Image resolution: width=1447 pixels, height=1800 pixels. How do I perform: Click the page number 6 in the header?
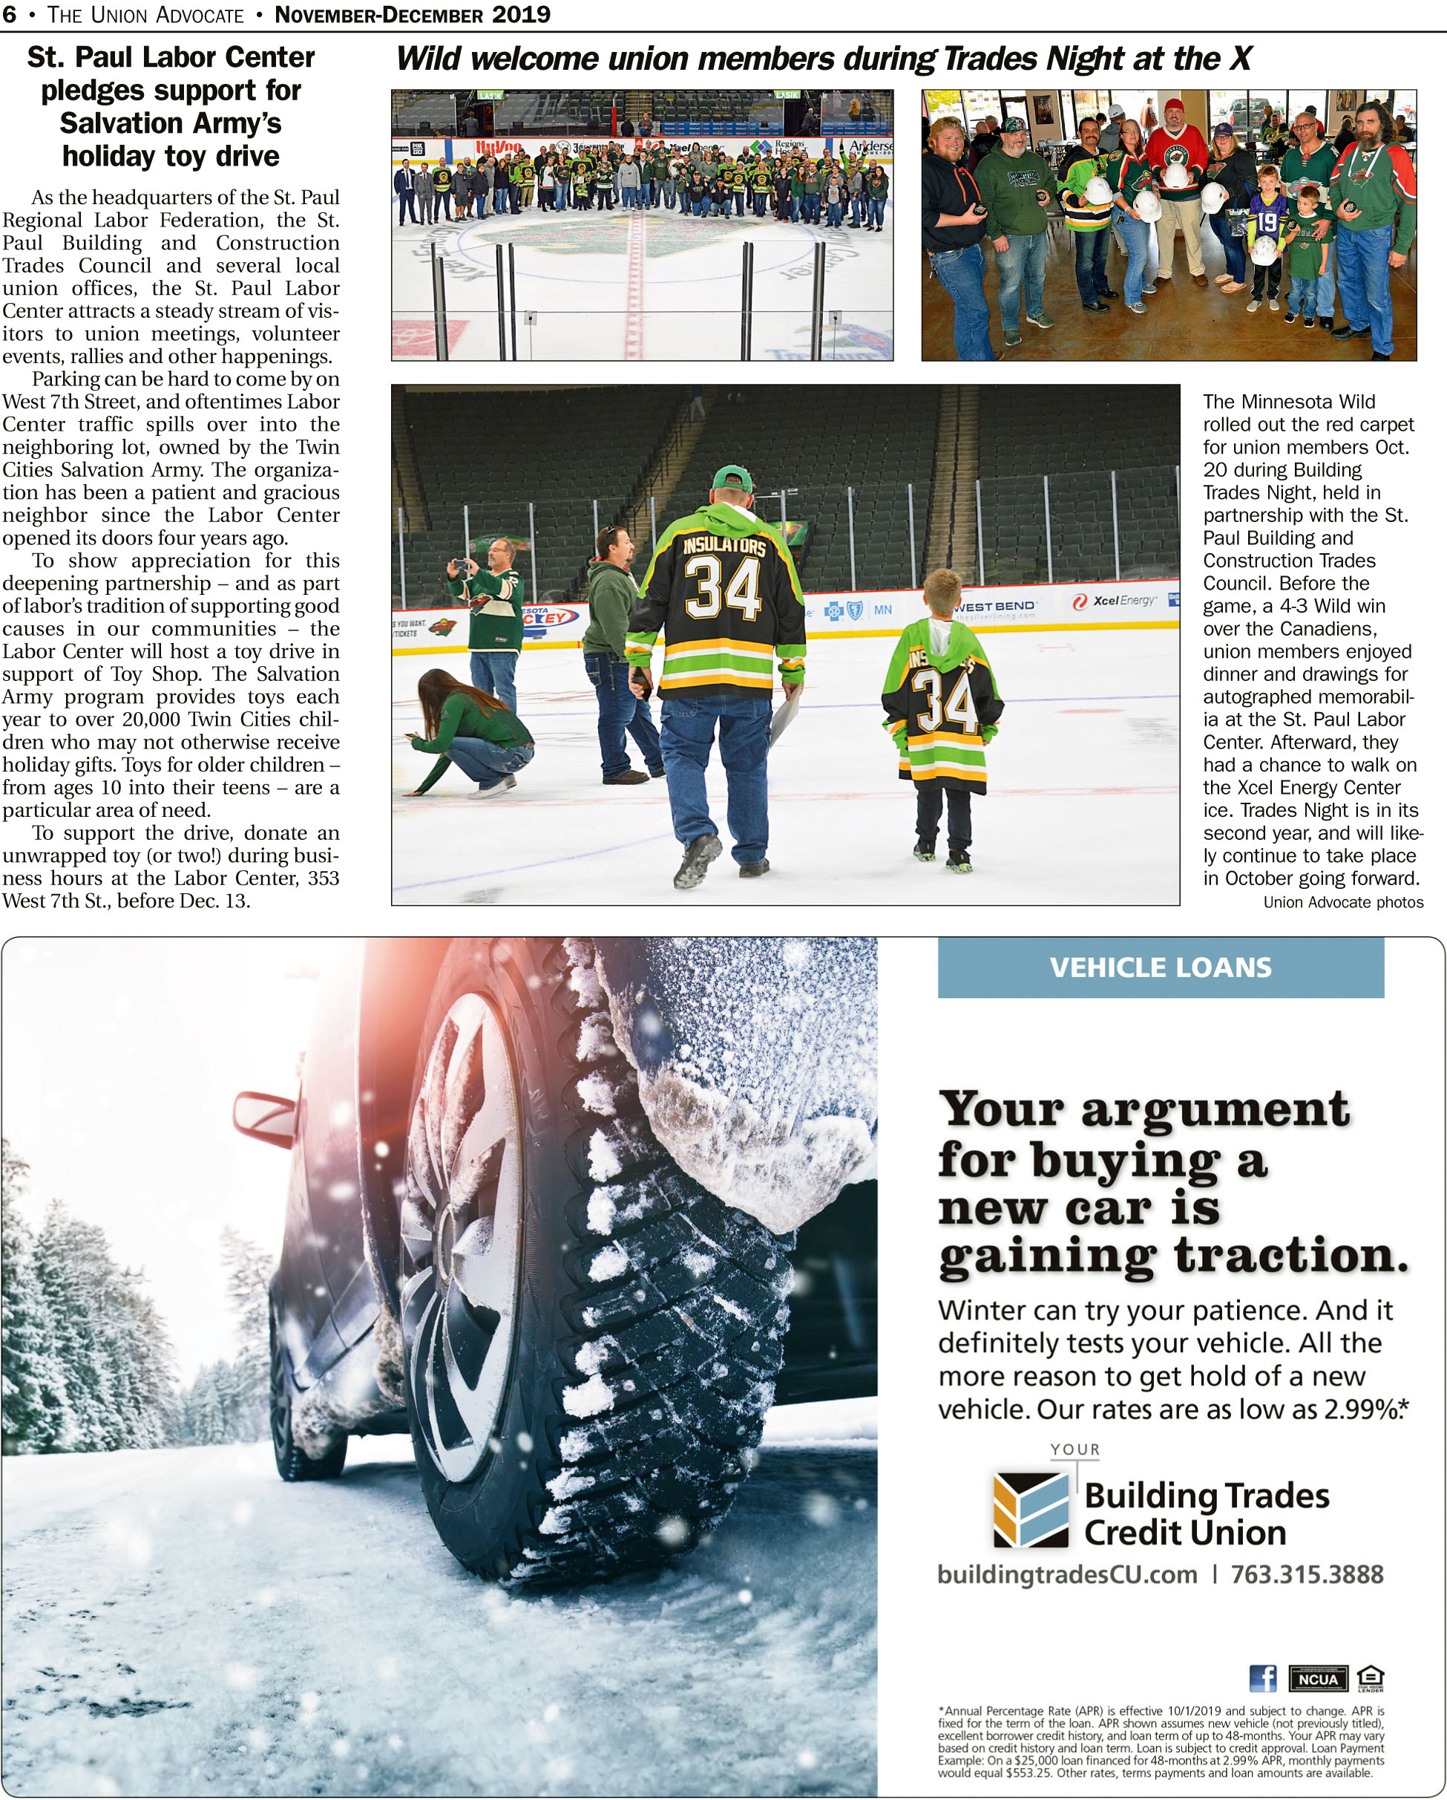[9, 14]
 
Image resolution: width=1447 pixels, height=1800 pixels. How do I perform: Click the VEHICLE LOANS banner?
[1160, 968]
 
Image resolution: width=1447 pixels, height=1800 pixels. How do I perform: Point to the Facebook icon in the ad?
[1262, 1678]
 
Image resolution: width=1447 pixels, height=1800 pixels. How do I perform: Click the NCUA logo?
[1318, 1679]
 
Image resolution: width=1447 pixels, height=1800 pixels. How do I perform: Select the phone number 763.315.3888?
[1307, 1574]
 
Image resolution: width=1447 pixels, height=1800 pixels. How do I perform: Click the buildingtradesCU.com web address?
[1067, 1574]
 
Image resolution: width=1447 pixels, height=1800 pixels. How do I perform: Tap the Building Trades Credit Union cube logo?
[1031, 1510]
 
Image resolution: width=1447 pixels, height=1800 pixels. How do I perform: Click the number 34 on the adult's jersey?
[723, 589]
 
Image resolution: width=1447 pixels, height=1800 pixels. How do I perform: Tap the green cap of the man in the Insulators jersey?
[732, 479]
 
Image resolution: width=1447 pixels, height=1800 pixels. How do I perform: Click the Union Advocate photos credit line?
[1342, 902]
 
